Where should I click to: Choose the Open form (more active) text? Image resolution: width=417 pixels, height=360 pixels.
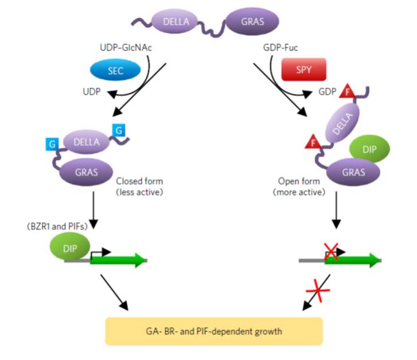295,186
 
